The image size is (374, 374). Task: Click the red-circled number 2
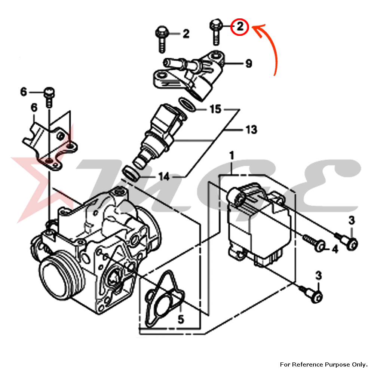coord(239,27)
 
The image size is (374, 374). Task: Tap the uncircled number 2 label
coord(186,34)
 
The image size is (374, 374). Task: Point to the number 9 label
coord(249,64)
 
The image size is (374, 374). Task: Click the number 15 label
coord(215,110)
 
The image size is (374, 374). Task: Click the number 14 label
coord(163,177)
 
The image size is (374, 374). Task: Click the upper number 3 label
coord(351,221)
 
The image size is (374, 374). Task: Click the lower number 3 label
coord(318,275)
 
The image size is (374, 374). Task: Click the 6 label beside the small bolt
coord(24,92)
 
